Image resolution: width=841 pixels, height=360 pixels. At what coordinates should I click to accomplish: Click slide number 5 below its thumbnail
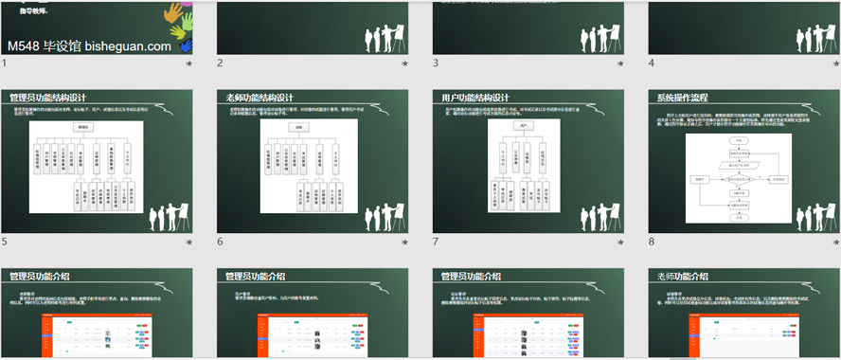[x=5, y=243]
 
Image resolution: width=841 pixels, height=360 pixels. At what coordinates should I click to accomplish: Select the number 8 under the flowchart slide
[x=653, y=243]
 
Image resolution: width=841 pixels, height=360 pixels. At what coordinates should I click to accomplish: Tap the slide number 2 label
[x=221, y=63]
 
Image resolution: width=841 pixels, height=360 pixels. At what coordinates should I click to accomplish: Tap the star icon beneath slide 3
[x=621, y=63]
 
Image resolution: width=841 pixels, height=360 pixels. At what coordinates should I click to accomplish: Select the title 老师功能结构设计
[x=260, y=98]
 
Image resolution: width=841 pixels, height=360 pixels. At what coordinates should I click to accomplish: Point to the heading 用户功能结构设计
[x=475, y=98]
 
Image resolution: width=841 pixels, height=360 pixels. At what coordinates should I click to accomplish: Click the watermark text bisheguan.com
[x=128, y=45]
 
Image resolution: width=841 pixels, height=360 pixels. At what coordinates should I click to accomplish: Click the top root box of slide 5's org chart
[x=83, y=127]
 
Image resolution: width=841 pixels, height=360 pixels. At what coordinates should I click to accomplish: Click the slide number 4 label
[x=653, y=63]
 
